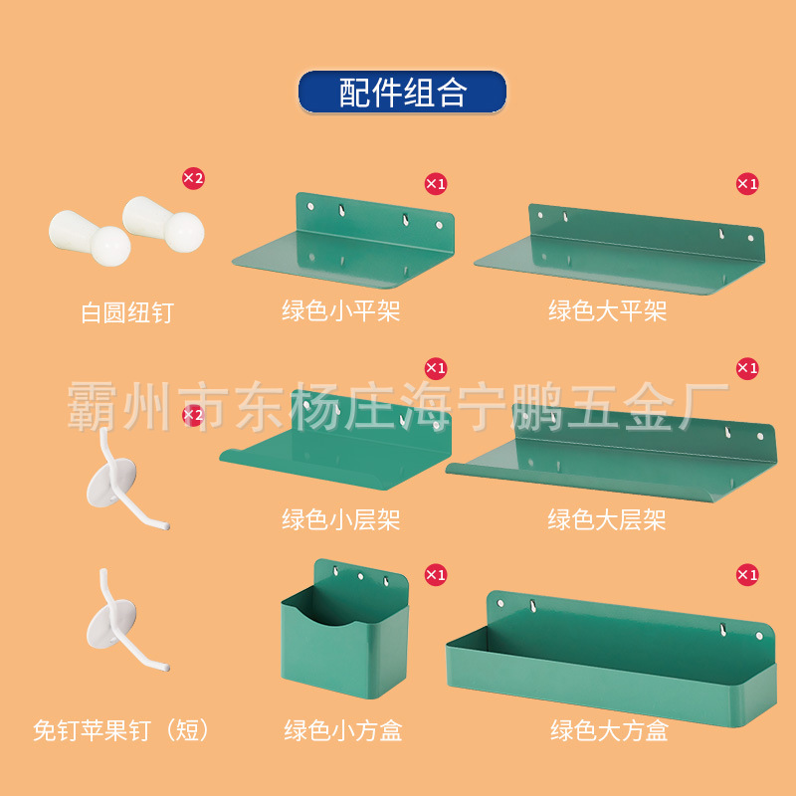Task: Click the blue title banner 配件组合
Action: tap(402, 92)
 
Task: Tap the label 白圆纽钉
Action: tap(126, 312)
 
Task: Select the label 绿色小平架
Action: tap(340, 311)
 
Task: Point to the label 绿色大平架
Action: tap(607, 311)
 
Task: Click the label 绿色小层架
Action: tap(340, 518)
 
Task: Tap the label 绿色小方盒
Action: tap(342, 731)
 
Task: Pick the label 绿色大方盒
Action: tap(609, 731)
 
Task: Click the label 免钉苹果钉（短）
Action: tap(122, 731)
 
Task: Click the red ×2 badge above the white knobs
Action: tap(192, 178)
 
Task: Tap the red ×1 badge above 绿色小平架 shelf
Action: tap(436, 183)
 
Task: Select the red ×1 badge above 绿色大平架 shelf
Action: tap(746, 183)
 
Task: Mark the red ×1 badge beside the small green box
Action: tap(436, 574)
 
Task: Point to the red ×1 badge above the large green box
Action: tap(746, 574)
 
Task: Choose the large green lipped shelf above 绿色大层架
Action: tap(609, 453)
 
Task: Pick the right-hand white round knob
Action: tap(167, 224)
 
